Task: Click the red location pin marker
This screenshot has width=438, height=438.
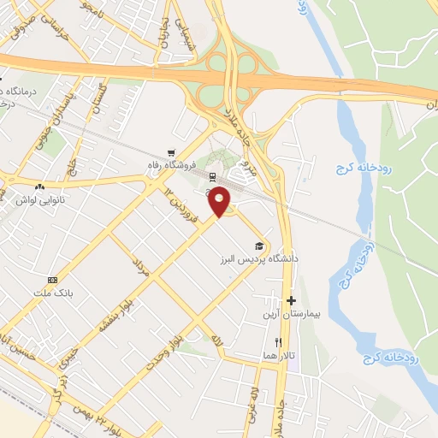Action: [220, 200]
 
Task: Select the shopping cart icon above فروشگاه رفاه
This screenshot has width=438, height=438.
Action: [172, 151]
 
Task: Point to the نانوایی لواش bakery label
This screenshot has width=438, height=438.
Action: [40, 199]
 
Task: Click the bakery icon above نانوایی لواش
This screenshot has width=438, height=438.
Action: [39, 186]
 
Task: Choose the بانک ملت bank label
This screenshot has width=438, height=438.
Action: [51, 293]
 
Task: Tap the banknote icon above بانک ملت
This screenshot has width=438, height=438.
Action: [52, 280]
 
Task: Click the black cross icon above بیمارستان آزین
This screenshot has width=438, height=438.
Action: [292, 301]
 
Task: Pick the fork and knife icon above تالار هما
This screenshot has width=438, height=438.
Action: [278, 342]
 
